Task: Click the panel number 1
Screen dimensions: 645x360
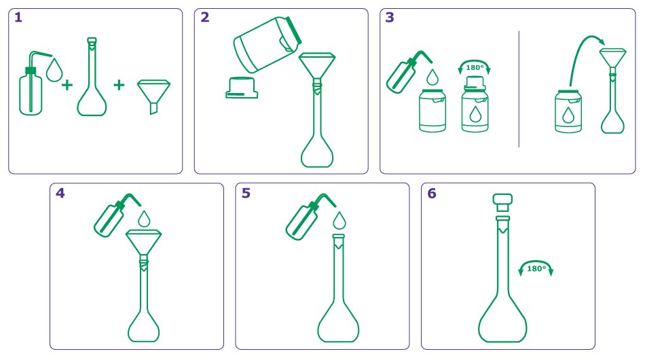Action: click(18, 17)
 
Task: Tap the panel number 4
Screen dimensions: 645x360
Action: click(60, 193)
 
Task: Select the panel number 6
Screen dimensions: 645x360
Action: click(432, 193)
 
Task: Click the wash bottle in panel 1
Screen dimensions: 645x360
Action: click(34, 82)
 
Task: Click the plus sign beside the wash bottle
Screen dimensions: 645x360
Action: click(67, 85)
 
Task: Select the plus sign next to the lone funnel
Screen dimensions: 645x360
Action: click(119, 85)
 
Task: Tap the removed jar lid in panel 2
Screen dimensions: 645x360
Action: click(242, 87)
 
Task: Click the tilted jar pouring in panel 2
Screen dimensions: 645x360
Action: click(268, 43)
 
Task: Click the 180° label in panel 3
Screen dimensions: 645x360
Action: click(475, 67)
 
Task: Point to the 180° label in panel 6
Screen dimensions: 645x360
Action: click(536, 268)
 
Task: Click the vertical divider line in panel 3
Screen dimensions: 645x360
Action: click(519, 88)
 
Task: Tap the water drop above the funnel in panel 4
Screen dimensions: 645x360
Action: click(144, 219)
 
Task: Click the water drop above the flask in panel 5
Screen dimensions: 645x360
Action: click(339, 220)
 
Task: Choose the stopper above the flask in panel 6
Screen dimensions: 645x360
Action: click(502, 202)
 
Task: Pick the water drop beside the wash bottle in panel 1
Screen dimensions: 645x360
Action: click(54, 70)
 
